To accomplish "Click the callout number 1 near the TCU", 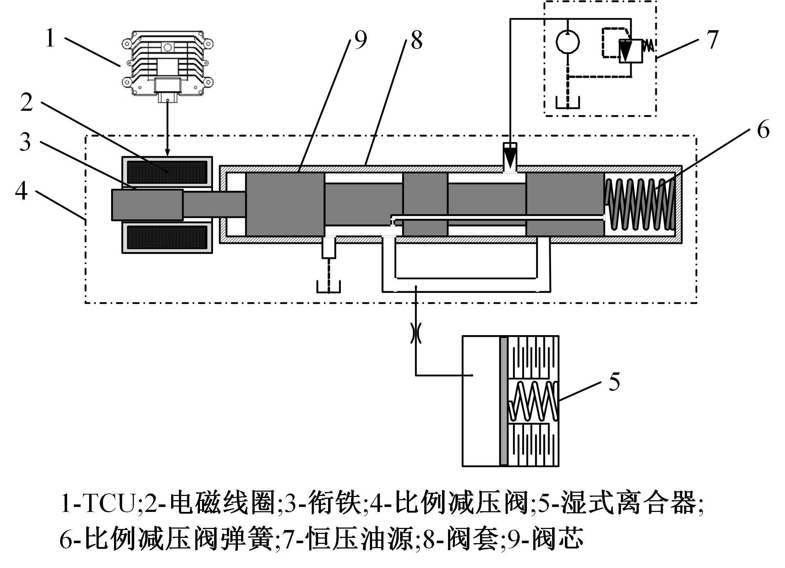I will pyautogui.click(x=50, y=38).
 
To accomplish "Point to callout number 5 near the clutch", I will pyautogui.click(x=615, y=382).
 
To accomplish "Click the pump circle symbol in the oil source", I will pyautogui.click(x=567, y=42).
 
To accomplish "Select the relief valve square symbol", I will pyautogui.click(x=631, y=51).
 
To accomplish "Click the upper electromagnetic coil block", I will pyautogui.click(x=167, y=172).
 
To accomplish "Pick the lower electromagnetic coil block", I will pyautogui.click(x=167, y=237).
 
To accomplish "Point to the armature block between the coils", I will pyautogui.click(x=147, y=205).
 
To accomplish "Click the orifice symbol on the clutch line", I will pyautogui.click(x=416, y=333).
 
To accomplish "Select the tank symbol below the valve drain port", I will pyautogui.click(x=329, y=287).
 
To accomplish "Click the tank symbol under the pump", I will pyautogui.click(x=568, y=103).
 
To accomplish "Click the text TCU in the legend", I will pyautogui.click(x=108, y=503).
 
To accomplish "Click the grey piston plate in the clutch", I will pyautogui.click(x=503, y=401).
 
